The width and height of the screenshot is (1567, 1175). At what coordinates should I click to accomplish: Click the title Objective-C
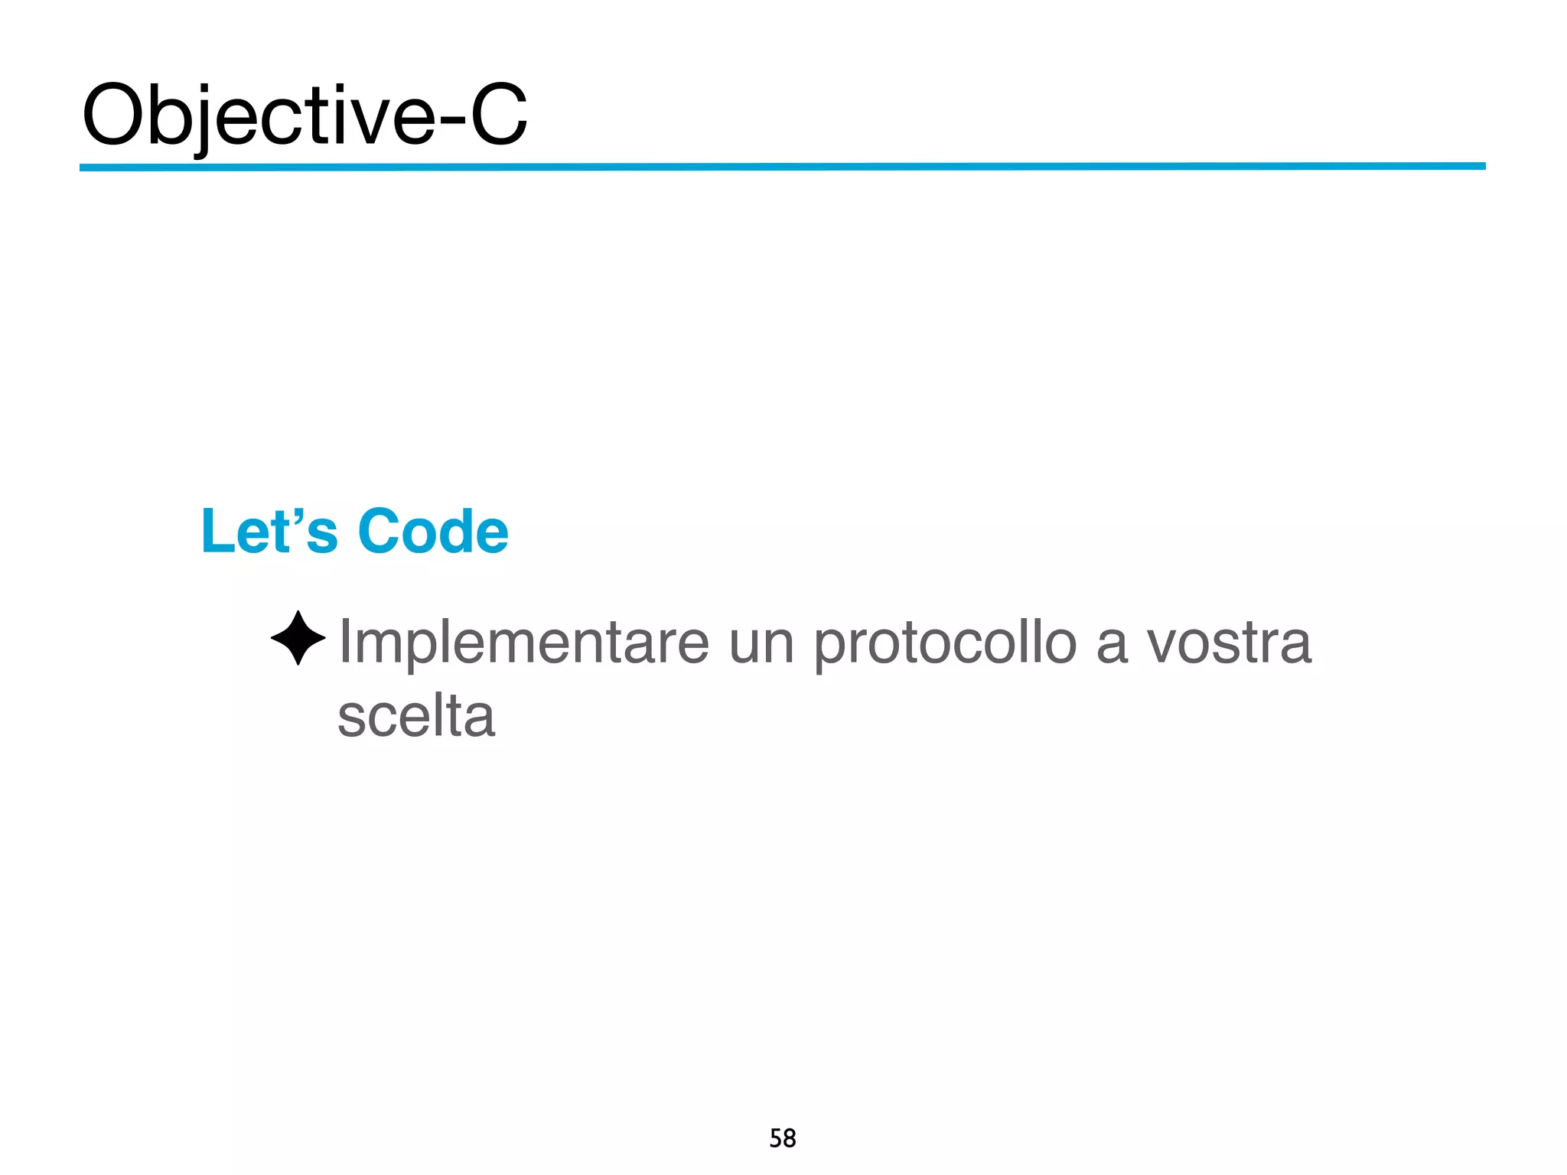pos(305,115)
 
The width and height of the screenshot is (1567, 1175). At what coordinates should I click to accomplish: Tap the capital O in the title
pos(114,115)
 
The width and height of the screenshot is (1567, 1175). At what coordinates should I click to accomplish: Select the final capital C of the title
pos(498,115)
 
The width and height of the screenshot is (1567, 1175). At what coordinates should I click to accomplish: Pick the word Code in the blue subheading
pos(433,531)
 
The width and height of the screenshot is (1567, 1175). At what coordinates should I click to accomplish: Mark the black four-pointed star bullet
pos(298,638)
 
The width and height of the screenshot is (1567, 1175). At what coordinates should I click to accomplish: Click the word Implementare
pos(524,643)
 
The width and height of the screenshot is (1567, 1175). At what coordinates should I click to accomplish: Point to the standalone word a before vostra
pos(1112,646)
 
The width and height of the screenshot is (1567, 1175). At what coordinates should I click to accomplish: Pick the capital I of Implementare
pos(345,641)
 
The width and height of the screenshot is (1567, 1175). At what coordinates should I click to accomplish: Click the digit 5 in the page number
pos(775,1138)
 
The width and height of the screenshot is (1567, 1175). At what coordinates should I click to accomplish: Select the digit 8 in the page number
pos(790,1138)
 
